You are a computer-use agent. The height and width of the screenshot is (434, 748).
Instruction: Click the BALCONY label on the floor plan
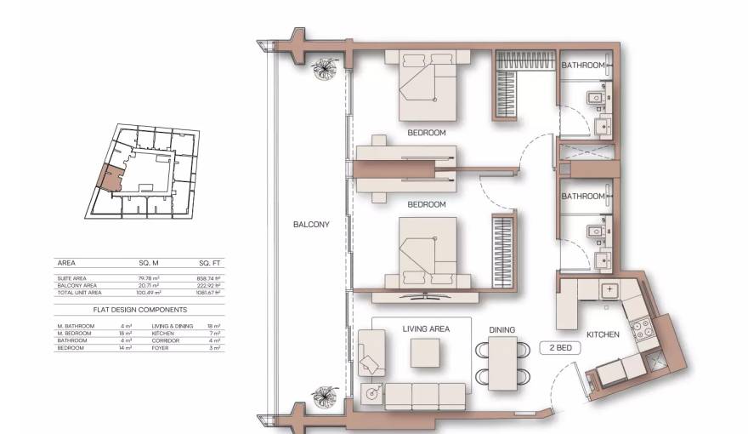tap(310, 225)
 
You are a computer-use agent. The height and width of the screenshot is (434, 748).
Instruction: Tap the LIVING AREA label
tap(425, 328)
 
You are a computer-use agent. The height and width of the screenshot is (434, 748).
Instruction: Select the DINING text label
tap(501, 329)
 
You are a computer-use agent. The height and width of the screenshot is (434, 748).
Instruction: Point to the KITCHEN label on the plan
tap(603, 334)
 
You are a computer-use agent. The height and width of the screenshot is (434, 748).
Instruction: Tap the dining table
tap(501, 362)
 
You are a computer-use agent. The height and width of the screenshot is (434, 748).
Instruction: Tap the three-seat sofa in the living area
tap(425, 396)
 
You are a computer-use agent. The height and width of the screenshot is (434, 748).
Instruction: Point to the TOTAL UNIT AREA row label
tap(84, 292)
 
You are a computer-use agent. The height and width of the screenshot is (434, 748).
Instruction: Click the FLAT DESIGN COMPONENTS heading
tap(139, 310)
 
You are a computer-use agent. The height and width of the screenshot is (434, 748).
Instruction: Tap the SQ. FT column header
tap(209, 263)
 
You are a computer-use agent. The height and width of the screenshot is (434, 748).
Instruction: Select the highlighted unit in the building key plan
tap(111, 177)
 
